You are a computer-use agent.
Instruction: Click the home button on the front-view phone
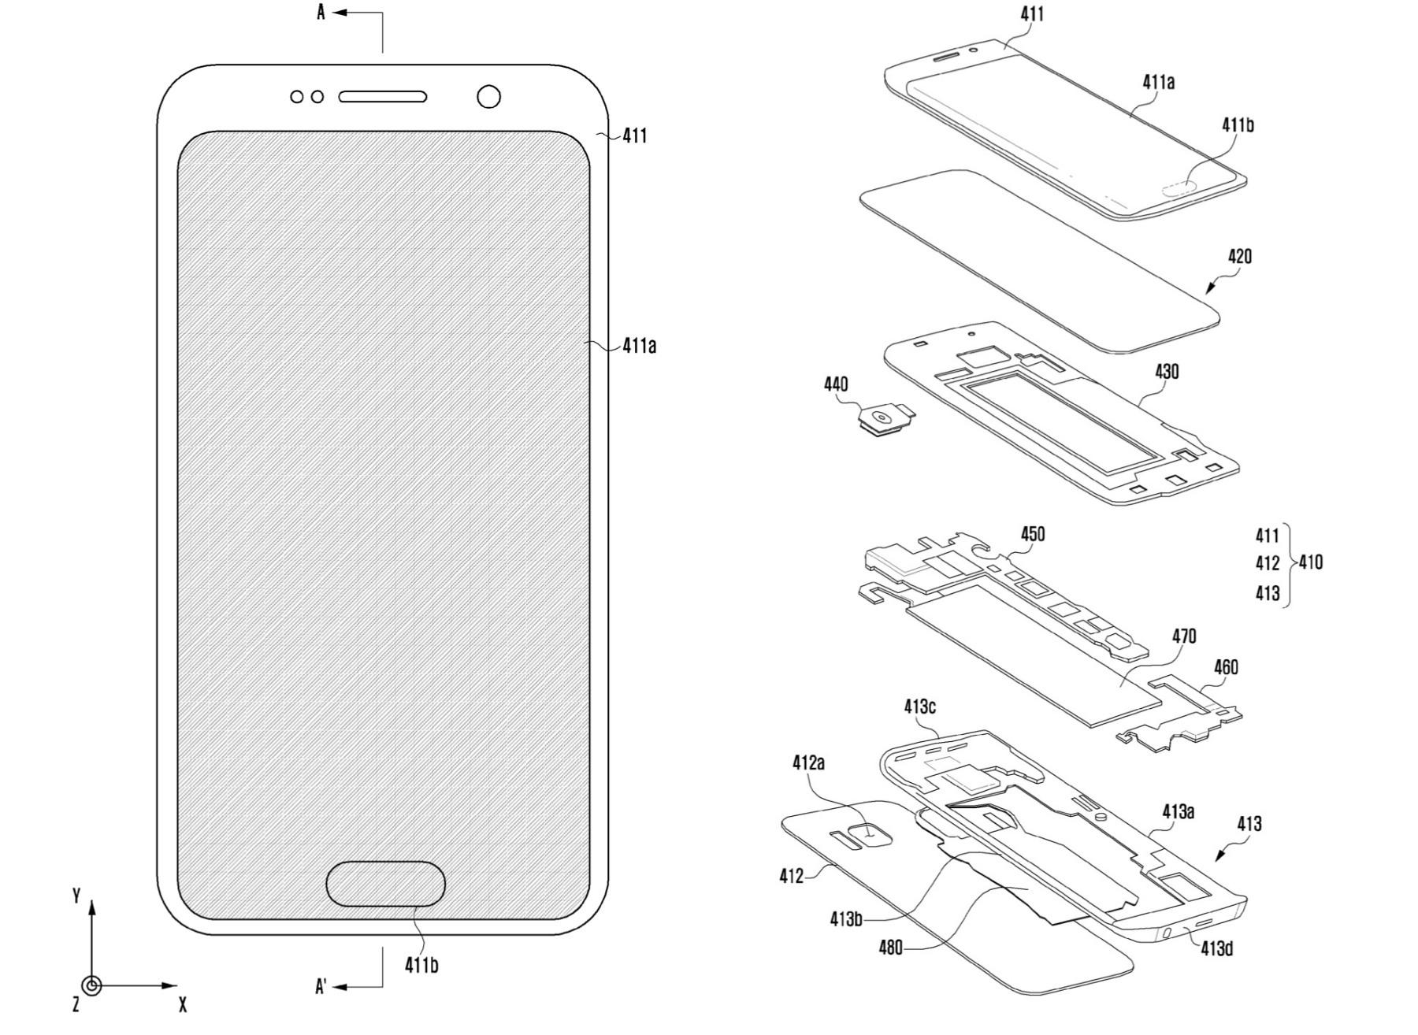click(x=385, y=883)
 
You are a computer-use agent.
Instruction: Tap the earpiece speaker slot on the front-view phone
click(x=383, y=97)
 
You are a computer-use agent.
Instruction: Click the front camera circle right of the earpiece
click(x=489, y=97)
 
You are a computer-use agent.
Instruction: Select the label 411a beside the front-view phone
click(x=639, y=345)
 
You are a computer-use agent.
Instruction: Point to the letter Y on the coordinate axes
click(x=76, y=896)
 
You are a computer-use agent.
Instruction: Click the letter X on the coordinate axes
click(x=183, y=1005)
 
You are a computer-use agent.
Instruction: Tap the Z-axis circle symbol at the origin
click(x=92, y=985)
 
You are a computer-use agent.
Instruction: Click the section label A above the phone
click(x=321, y=13)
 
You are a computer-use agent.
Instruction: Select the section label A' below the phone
click(x=321, y=986)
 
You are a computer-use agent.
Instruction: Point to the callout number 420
click(x=1239, y=257)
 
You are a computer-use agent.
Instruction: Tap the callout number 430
click(x=1167, y=371)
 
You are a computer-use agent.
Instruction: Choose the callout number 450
click(x=1033, y=534)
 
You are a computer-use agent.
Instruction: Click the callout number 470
click(x=1184, y=636)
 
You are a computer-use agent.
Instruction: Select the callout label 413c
click(x=919, y=707)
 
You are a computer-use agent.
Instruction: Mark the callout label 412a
click(x=808, y=762)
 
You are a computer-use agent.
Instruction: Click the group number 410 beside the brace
click(x=1311, y=562)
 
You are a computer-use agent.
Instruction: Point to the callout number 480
click(x=891, y=948)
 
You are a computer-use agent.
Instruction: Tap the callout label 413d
click(x=1217, y=948)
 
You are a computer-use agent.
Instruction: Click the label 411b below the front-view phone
click(x=421, y=964)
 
